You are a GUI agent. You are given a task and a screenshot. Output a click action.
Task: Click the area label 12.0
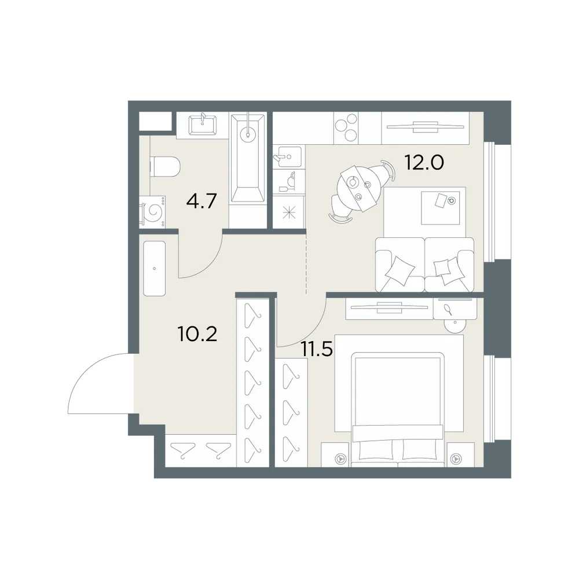pos(424,162)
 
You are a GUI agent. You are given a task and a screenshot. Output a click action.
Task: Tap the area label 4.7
pos(201,201)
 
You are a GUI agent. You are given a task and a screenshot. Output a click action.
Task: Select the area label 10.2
pos(197,334)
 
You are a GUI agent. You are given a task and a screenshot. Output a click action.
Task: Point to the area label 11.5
pos(317,349)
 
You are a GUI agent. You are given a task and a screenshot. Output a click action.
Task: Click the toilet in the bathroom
pos(164,166)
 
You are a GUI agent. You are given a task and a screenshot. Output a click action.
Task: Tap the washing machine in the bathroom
pos(152,211)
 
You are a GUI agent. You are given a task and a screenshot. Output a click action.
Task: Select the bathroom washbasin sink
pos(203,125)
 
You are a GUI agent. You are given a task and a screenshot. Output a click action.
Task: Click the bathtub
pos(248,158)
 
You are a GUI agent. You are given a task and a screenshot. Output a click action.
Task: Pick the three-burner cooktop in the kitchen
pos(346,128)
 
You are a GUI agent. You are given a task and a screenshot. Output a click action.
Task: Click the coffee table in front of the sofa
pos(441,207)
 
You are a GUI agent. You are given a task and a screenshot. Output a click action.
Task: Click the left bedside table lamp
pos(339,459)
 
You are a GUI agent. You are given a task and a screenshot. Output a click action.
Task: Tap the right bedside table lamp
pos(456,459)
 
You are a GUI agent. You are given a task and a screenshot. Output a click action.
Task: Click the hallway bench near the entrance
pos(154,269)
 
